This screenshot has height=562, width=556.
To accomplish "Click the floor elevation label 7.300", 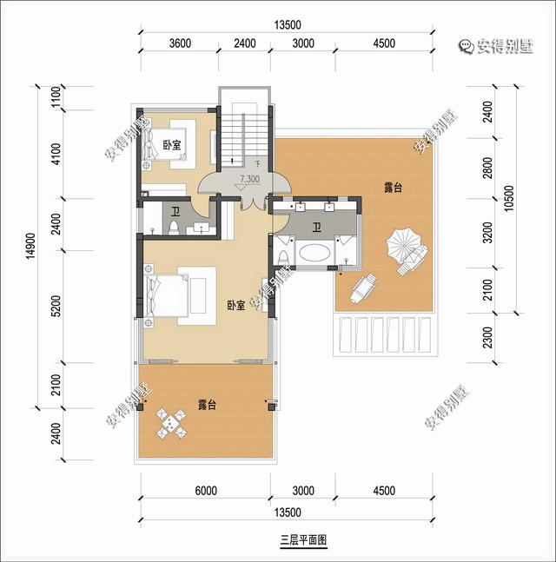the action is pos(250,178).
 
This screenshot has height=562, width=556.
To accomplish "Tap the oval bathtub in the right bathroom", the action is pos(314,253).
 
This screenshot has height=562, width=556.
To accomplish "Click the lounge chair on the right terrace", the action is pos(363,288).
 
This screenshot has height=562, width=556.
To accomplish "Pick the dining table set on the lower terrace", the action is pos(172,423).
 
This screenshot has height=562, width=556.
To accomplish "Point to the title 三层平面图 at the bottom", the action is pos(303,539).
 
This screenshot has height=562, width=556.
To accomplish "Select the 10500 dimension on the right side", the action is pos(509,198).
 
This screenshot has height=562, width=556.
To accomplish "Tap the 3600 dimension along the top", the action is pos(180,43).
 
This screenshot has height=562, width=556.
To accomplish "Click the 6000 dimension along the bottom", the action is pos(206,490).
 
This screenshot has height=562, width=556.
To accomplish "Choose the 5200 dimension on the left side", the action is pos(56,306).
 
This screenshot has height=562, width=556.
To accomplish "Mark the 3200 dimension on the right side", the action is pos(487,233).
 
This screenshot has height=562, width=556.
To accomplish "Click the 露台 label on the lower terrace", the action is pos(207,405).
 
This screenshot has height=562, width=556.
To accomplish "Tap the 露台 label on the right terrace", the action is pos(393,188).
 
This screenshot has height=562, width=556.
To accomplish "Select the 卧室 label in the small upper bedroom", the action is pos(172,145).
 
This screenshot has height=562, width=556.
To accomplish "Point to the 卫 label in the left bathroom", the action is pos(175,212).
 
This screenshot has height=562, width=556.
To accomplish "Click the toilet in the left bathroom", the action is pos(174,228).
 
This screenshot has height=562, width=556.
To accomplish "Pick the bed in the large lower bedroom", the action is pos(166,295).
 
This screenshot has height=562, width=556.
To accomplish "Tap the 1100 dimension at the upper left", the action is pos(56,96).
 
